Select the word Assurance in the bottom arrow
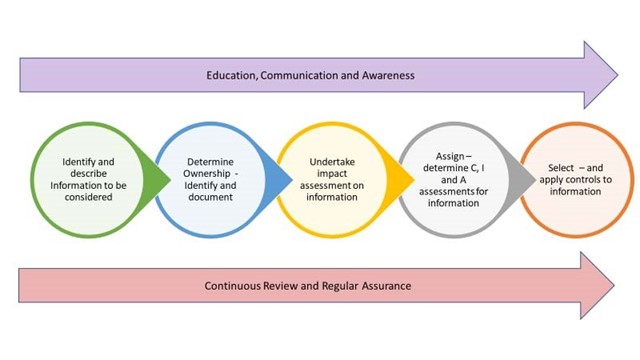click(384, 286)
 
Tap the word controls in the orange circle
click(573, 179)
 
